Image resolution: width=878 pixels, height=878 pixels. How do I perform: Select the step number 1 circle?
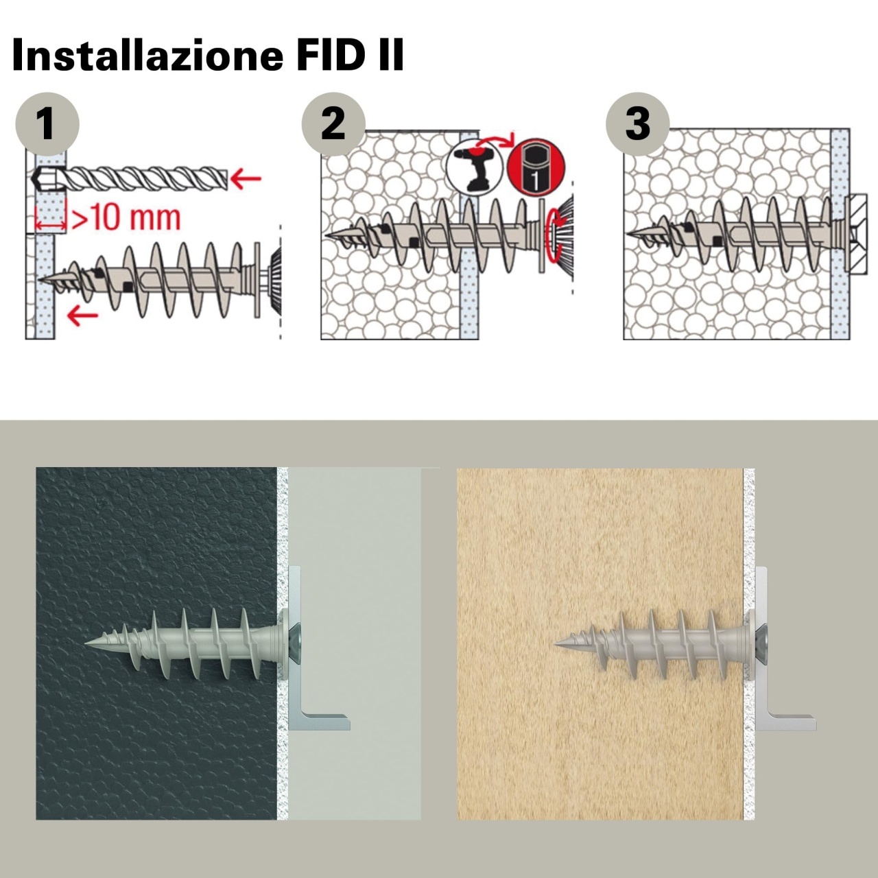[x=47, y=124]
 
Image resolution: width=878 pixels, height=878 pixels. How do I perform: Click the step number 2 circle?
[x=333, y=124]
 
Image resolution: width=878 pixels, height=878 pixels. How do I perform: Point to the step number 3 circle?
[x=637, y=124]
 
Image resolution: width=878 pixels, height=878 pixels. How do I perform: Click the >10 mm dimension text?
[x=126, y=218]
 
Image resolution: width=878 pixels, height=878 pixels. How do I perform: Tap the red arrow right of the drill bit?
[x=246, y=178]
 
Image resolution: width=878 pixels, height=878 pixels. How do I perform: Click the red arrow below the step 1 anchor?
[x=82, y=315]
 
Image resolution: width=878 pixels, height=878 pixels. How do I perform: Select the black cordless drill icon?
[x=475, y=168]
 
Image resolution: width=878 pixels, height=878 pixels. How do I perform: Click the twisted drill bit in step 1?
[x=130, y=178]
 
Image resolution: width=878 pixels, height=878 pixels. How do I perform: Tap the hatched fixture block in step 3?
[x=856, y=234]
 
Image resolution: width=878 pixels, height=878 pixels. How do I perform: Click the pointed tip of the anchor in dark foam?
[x=86, y=643]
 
